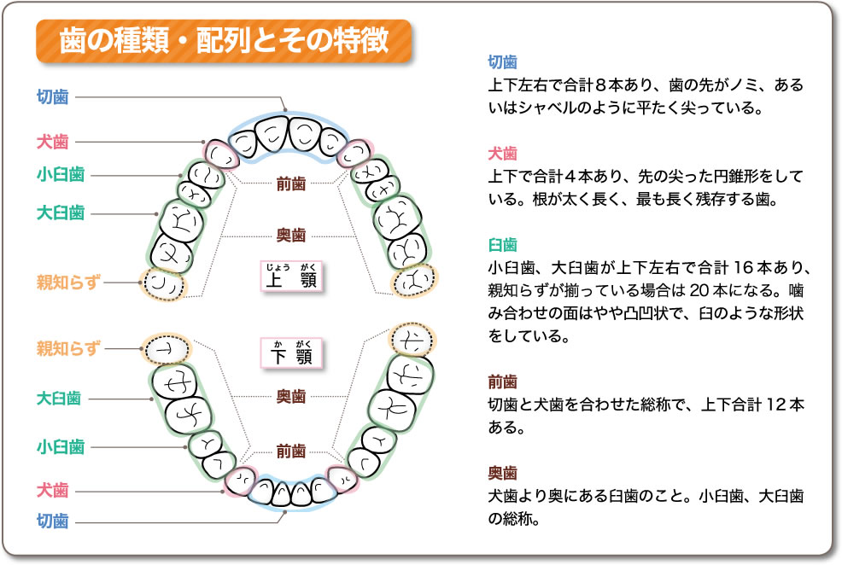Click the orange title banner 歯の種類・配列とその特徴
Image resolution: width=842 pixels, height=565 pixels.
tap(225, 39)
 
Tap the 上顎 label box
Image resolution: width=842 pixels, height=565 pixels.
tap(291, 277)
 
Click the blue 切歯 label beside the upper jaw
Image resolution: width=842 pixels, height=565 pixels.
tap(52, 96)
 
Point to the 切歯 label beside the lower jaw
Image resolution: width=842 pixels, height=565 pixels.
tap(52, 521)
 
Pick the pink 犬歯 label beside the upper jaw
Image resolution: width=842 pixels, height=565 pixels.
tap(52, 142)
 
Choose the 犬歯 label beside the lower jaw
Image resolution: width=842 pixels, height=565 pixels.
tap(52, 490)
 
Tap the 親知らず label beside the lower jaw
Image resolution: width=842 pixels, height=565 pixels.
tap(68, 347)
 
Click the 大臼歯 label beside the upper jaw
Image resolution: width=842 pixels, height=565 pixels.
tap(59, 211)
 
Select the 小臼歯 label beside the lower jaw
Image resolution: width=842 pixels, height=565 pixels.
tap(59, 446)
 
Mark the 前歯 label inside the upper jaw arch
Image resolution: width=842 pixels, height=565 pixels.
tap(291, 183)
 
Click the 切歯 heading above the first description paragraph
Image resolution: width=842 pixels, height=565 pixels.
tap(502, 62)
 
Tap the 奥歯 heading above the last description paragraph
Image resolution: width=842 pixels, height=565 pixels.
tap(502, 472)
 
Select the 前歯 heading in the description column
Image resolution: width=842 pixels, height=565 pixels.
tap(502, 382)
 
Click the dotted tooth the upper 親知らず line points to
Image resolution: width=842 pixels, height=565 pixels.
tap(162, 283)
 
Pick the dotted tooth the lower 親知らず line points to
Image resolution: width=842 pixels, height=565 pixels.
tap(167, 348)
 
